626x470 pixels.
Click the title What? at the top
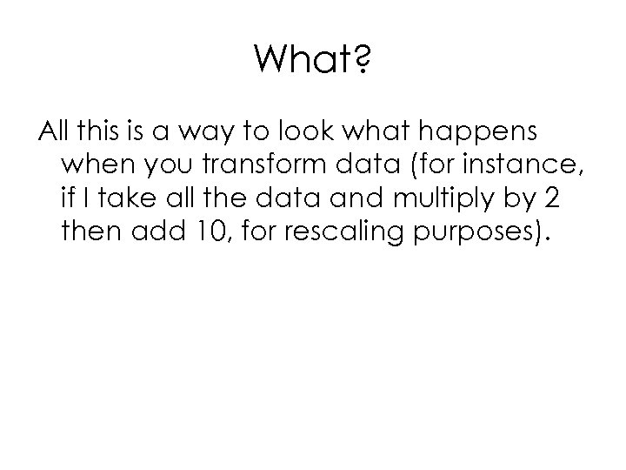(312, 62)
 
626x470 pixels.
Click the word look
(313, 133)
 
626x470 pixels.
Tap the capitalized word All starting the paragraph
(54, 133)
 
